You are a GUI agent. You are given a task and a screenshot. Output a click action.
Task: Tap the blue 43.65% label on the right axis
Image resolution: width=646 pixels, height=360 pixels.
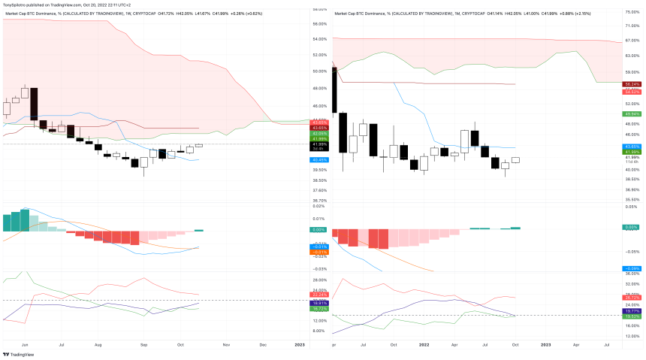tap(631, 146)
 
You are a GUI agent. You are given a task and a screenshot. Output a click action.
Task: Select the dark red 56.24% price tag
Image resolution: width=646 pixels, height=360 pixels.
tap(631, 84)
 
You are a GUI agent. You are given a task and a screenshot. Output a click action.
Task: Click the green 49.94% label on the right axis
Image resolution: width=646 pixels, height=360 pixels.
tap(631, 113)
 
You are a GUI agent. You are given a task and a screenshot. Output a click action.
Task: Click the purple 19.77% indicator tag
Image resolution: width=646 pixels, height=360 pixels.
tap(631, 310)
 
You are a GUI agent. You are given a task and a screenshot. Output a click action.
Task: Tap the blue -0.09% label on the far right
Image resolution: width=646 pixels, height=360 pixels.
tap(631, 268)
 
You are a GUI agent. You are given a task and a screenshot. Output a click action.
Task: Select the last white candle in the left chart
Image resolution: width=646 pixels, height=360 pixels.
tap(199, 145)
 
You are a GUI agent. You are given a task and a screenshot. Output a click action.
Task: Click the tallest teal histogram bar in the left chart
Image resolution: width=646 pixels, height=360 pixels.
tap(25, 220)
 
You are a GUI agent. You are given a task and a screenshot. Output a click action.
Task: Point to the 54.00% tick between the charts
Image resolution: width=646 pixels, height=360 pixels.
tap(318, 39)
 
